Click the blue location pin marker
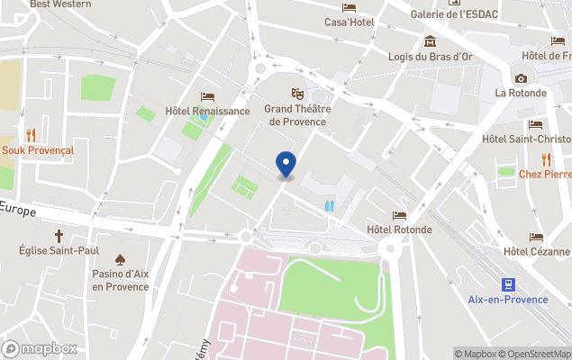coord(286,165)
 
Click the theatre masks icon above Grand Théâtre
coord(295,94)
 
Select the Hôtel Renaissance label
coord(207,112)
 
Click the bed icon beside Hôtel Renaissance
coord(208,96)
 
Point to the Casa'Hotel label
coord(350,22)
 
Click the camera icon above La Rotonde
coord(521,78)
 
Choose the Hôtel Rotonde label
coord(399,229)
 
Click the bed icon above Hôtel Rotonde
coord(399,215)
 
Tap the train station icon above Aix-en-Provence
coord(508,283)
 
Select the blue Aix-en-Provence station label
coord(508,300)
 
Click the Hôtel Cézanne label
coord(537,251)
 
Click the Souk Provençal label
coord(37,150)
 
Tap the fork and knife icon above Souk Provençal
coord(31,135)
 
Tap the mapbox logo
coord(41,348)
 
